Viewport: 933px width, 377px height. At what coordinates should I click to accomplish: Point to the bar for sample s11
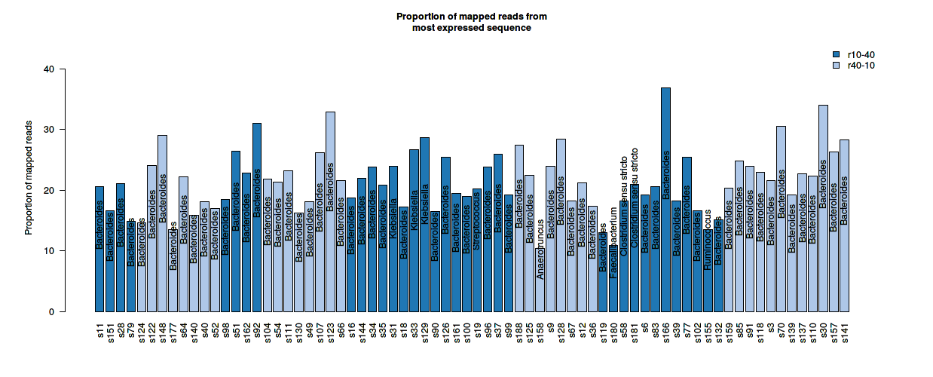click(x=99, y=249)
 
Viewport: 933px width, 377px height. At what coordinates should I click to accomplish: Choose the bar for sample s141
click(x=844, y=225)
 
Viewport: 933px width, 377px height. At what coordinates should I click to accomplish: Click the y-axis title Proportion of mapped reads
click(x=29, y=177)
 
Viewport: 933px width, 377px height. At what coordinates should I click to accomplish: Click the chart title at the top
click(x=472, y=22)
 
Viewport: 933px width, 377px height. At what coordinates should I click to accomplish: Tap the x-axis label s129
click(x=425, y=332)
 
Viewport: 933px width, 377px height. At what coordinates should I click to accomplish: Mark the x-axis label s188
click(x=519, y=332)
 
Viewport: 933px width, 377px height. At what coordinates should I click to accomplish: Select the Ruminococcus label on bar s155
click(x=708, y=242)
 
